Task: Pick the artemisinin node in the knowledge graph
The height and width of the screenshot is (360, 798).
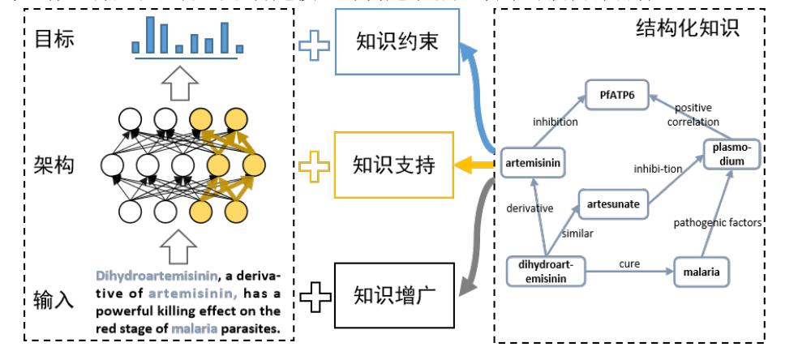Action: click(532, 163)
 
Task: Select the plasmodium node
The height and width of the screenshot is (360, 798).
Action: click(732, 154)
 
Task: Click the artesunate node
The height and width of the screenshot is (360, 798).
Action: click(613, 204)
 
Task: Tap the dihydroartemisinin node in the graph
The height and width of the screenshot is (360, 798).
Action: click(546, 271)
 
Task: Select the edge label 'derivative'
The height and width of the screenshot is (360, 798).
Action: click(530, 208)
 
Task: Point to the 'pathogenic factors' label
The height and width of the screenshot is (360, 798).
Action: click(718, 222)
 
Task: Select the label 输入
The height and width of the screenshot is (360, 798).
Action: click(55, 298)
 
